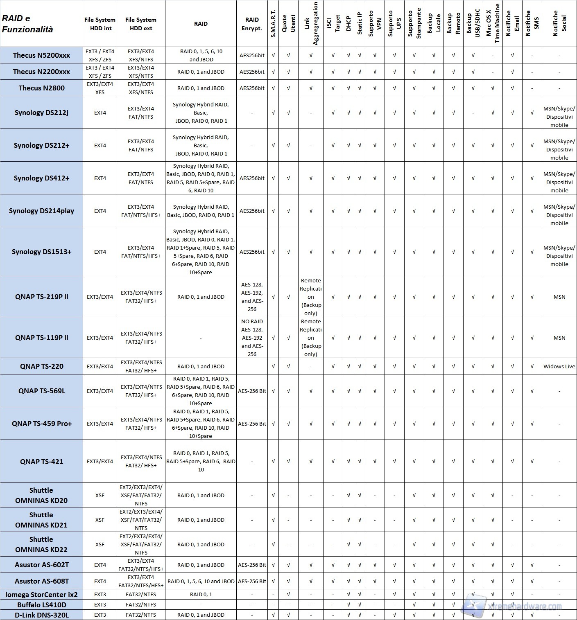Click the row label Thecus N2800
(x=41, y=88)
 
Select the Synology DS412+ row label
(x=41, y=178)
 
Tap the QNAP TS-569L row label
(x=41, y=391)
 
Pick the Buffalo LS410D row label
(x=41, y=604)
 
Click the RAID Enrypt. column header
(x=252, y=24)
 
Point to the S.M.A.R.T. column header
(x=273, y=24)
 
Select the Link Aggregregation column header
(x=311, y=24)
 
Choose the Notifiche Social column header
(x=559, y=24)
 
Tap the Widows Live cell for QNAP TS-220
(x=559, y=366)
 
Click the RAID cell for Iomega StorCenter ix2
(x=201, y=594)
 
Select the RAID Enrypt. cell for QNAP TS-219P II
(x=252, y=297)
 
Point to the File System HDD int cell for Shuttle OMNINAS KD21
(x=100, y=520)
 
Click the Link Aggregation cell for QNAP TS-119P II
(x=311, y=338)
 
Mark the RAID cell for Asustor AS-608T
(x=201, y=581)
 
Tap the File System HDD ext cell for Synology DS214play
(x=141, y=211)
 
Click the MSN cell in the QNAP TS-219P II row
(x=559, y=297)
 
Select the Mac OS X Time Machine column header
(x=493, y=24)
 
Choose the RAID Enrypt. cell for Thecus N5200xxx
(x=252, y=55)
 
